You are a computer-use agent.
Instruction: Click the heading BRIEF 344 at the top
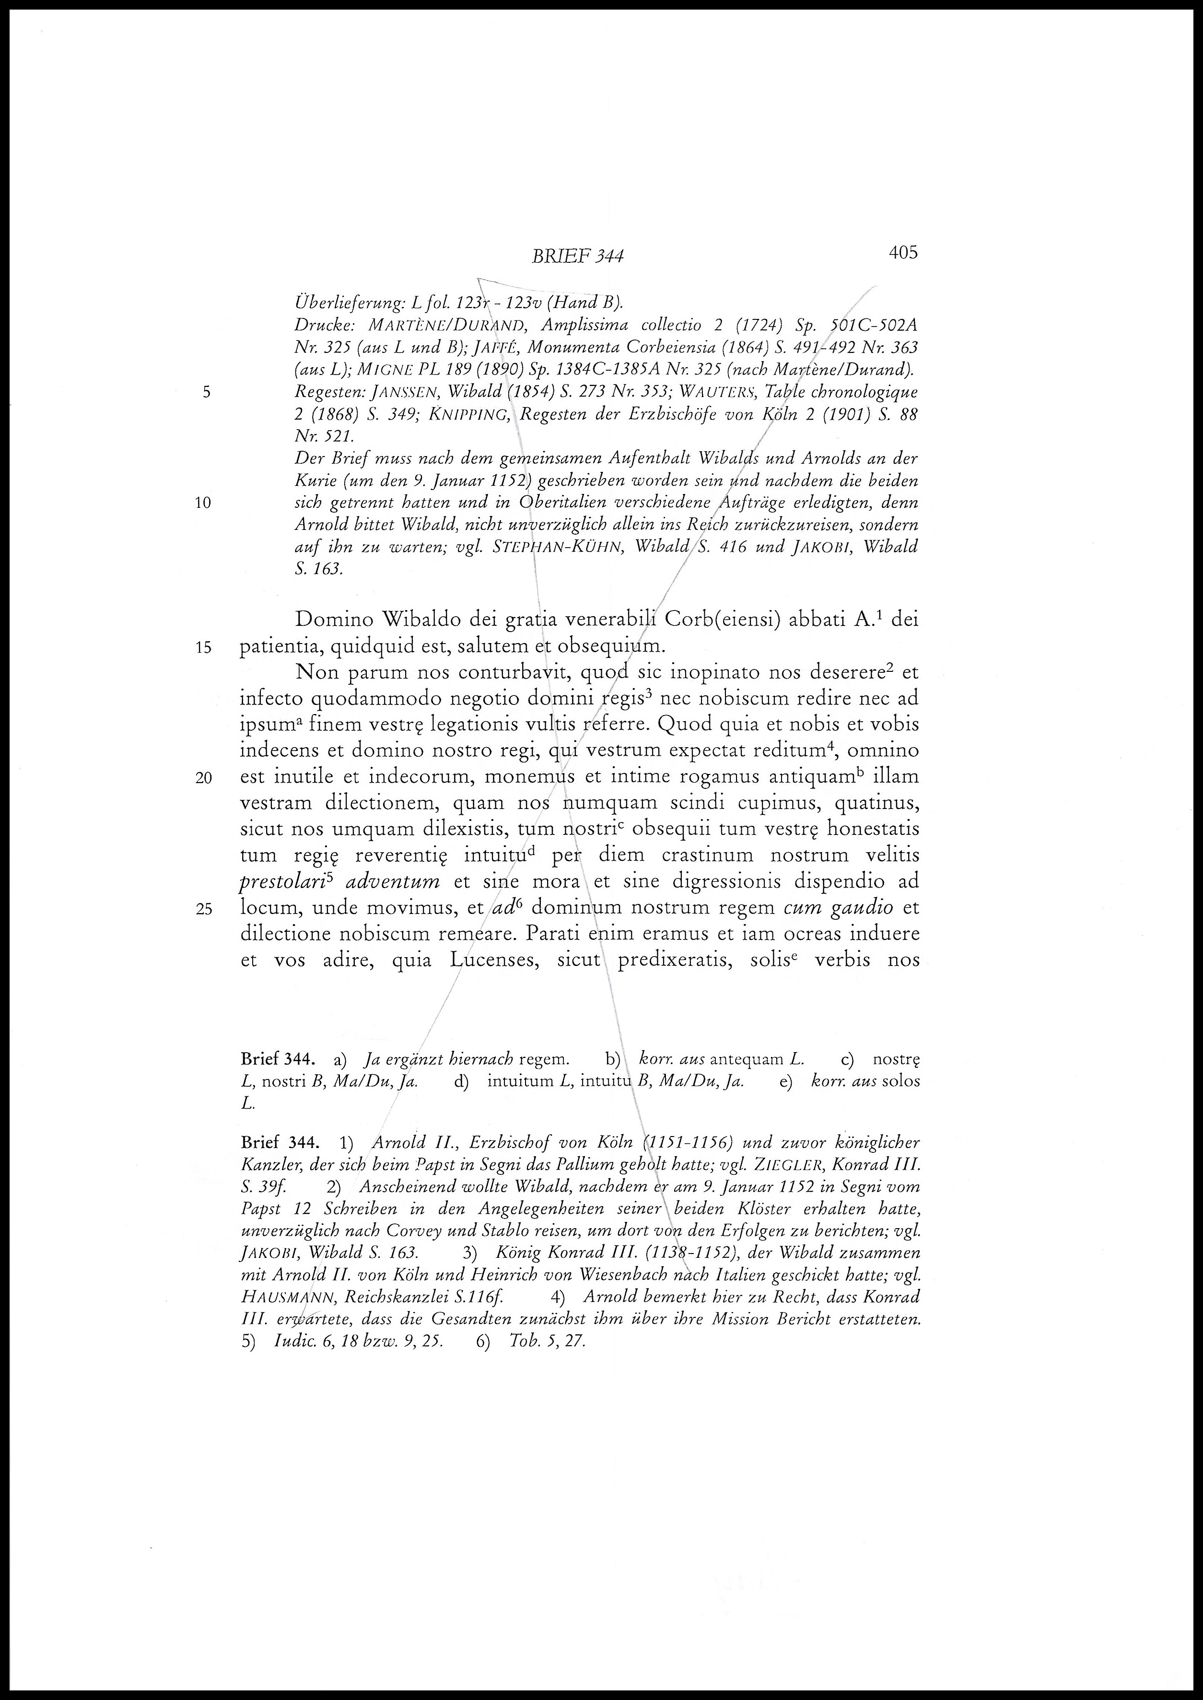577,256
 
